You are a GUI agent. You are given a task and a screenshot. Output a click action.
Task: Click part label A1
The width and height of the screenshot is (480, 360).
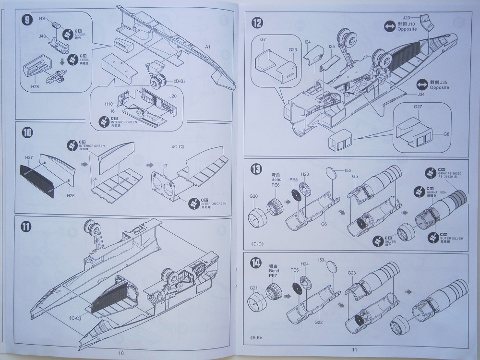pyautogui.click(x=208, y=47)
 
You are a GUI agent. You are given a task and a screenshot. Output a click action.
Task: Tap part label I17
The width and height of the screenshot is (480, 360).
pyautogui.click(x=164, y=166)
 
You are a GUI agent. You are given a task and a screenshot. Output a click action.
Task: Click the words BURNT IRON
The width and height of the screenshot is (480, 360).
pyautogui.click(x=437, y=191)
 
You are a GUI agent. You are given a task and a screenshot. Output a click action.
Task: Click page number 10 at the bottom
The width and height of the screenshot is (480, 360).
pyautogui.click(x=121, y=353)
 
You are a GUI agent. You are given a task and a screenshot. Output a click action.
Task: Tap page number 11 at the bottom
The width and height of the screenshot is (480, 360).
pyautogui.click(x=355, y=350)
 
